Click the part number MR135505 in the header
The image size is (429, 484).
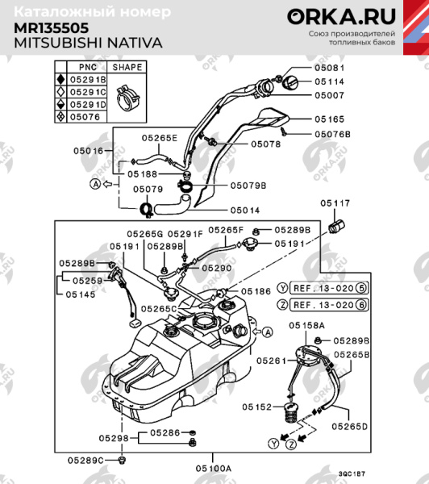tap(52, 27)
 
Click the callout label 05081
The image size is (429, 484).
tap(328, 68)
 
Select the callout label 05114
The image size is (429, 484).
tap(328, 81)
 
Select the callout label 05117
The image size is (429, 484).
tap(336, 202)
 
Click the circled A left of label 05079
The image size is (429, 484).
tap(96, 185)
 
